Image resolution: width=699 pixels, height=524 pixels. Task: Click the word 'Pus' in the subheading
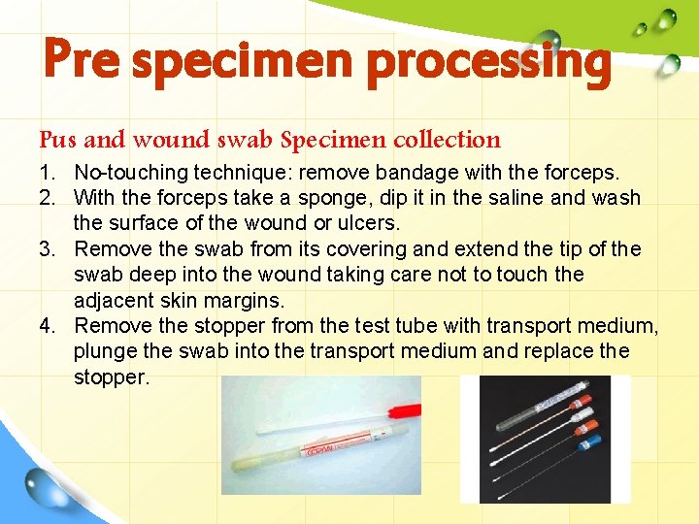pyautogui.click(x=58, y=140)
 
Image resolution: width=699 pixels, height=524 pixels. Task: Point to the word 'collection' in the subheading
pyautogui.click(x=448, y=140)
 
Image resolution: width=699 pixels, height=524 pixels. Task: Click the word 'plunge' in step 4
pyautogui.click(x=104, y=350)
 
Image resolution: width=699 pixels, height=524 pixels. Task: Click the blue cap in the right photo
pyautogui.click(x=587, y=445)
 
